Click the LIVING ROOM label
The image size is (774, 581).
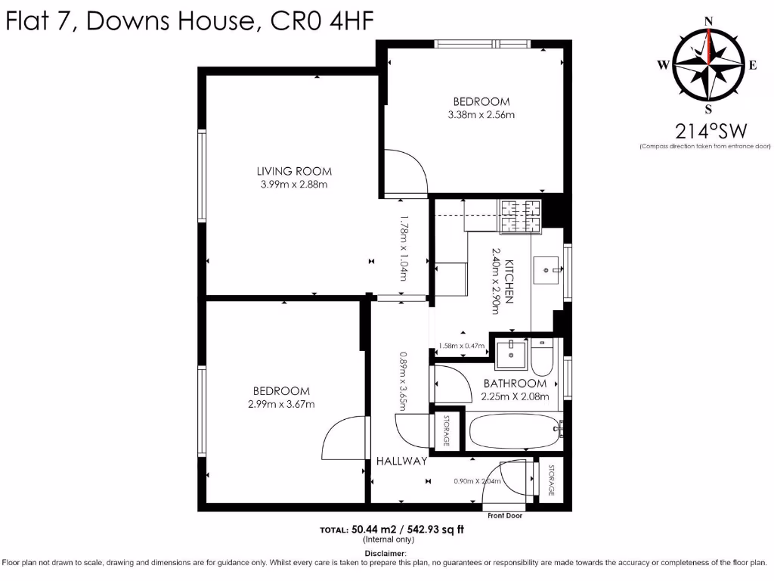(x=294, y=171)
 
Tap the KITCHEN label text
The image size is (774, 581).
(x=509, y=281)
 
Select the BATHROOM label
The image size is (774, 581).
(x=515, y=384)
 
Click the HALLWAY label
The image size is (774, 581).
(x=402, y=461)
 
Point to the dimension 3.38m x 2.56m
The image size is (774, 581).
(x=481, y=115)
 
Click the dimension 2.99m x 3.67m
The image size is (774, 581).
(x=281, y=404)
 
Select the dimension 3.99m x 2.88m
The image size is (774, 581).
(x=294, y=184)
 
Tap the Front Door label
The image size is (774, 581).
(x=505, y=516)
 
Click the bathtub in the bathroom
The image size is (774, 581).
(x=514, y=431)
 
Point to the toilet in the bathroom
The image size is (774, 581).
(x=542, y=359)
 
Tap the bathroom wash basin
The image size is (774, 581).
(x=512, y=351)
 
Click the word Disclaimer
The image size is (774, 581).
(x=385, y=553)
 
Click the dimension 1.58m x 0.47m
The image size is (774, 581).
(x=460, y=346)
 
